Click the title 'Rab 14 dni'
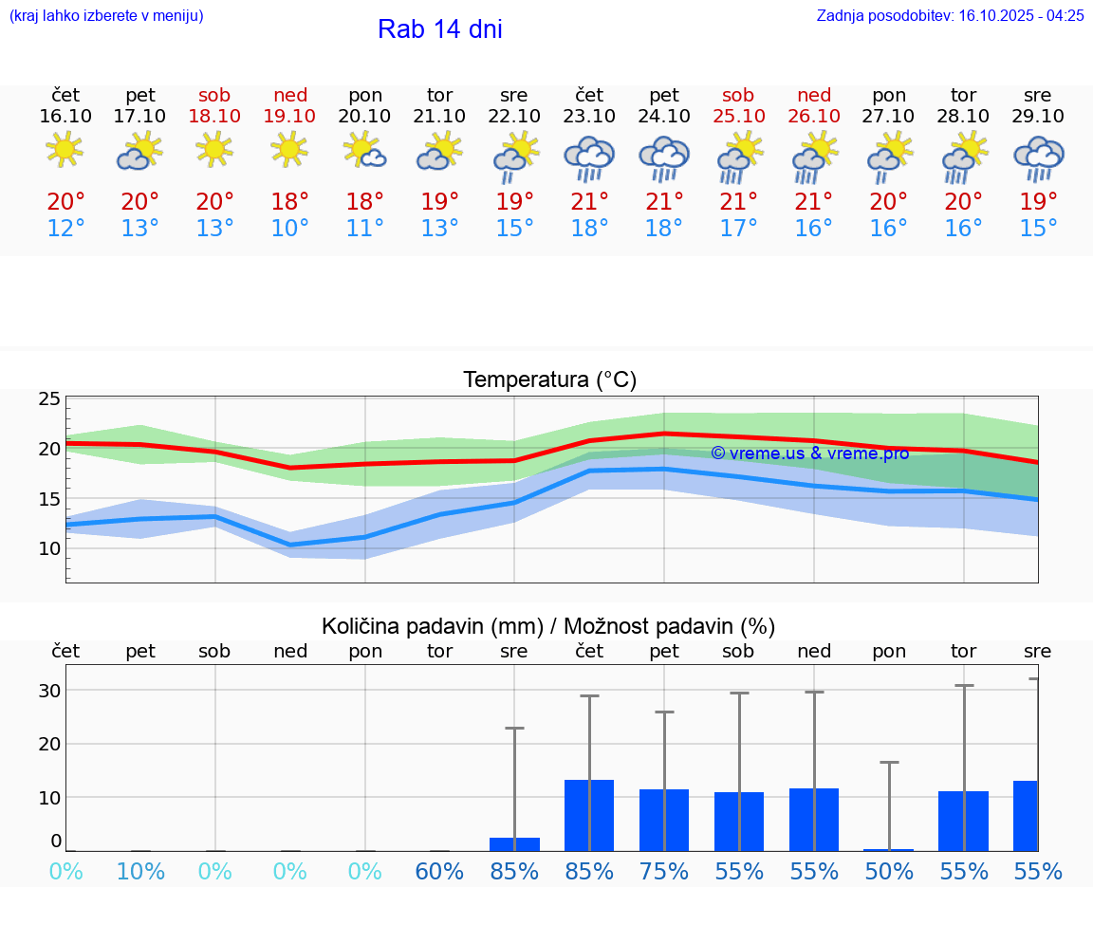click(x=439, y=29)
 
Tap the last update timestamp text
click(x=950, y=15)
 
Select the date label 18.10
click(x=215, y=116)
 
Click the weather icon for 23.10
click(x=589, y=158)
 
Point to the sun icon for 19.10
click(x=289, y=149)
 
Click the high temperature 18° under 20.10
click(x=365, y=202)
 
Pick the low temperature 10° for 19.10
click(x=289, y=229)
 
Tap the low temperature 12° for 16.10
click(x=65, y=229)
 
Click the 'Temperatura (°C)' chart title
click(x=549, y=380)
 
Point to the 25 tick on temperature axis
click(x=49, y=398)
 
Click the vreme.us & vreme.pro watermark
click(x=809, y=453)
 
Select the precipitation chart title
click(x=548, y=626)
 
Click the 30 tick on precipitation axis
click(x=49, y=691)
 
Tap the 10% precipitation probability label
click(x=140, y=871)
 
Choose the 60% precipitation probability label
click(x=439, y=871)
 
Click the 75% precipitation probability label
click(x=664, y=871)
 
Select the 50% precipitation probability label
click(x=889, y=871)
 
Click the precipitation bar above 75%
click(x=664, y=820)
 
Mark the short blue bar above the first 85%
click(x=514, y=844)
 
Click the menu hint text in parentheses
click(x=105, y=15)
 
